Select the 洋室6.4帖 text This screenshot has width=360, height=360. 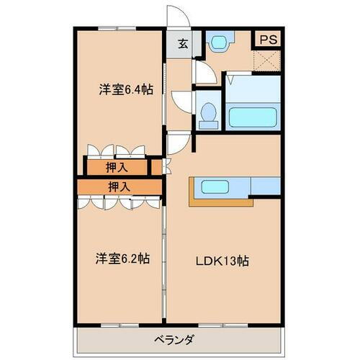click(125, 90)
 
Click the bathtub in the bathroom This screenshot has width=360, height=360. click(253, 117)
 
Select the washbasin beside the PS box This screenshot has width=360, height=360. click(218, 42)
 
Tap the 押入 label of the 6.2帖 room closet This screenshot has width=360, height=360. click(119, 186)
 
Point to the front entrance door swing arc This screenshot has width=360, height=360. click(176, 16)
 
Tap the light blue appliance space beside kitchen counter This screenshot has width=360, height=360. click(265, 186)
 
